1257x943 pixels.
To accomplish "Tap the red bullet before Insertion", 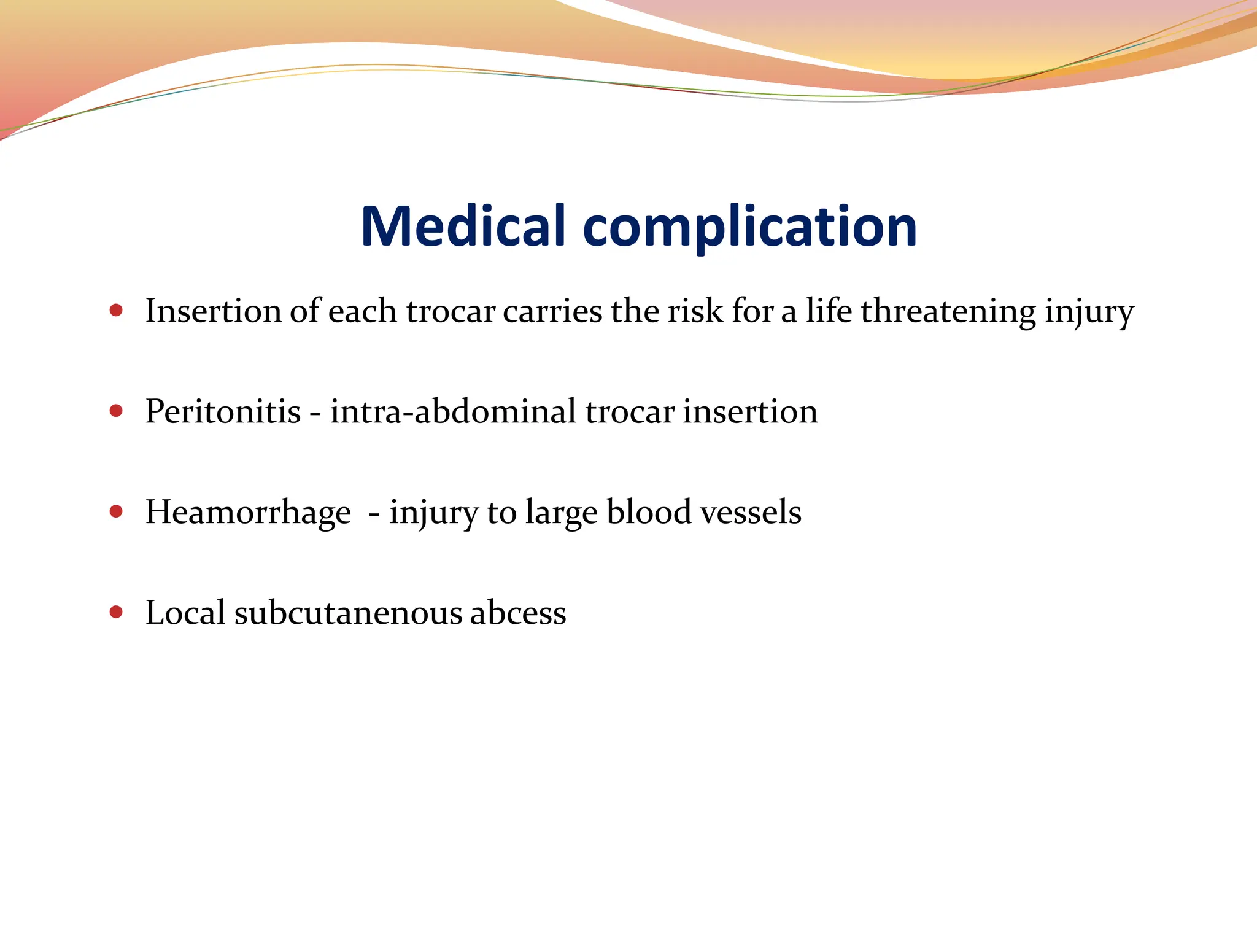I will click(x=116, y=310).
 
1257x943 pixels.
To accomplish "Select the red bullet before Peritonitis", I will click(x=116, y=411).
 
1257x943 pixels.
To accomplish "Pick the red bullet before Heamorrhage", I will click(x=116, y=511).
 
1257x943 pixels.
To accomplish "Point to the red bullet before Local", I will click(x=116, y=612).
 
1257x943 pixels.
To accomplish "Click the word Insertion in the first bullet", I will click(x=213, y=311).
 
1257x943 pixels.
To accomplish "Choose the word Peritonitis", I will click(x=223, y=411).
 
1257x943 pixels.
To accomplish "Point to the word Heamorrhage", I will click(x=248, y=513).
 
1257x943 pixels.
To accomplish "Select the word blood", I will click(x=649, y=513).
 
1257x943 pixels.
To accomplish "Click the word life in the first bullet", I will click(x=829, y=311).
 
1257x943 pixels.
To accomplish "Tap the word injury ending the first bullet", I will click(x=1089, y=312).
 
